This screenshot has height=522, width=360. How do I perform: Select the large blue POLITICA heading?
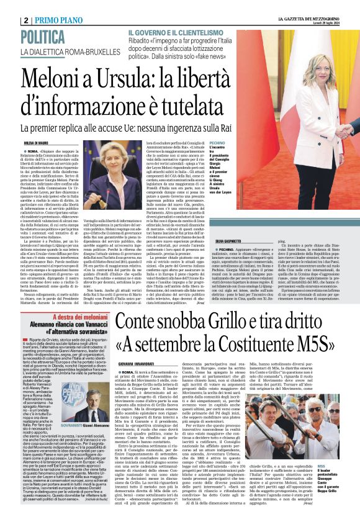[49, 37]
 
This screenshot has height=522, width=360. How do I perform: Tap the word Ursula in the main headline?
[142, 78]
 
